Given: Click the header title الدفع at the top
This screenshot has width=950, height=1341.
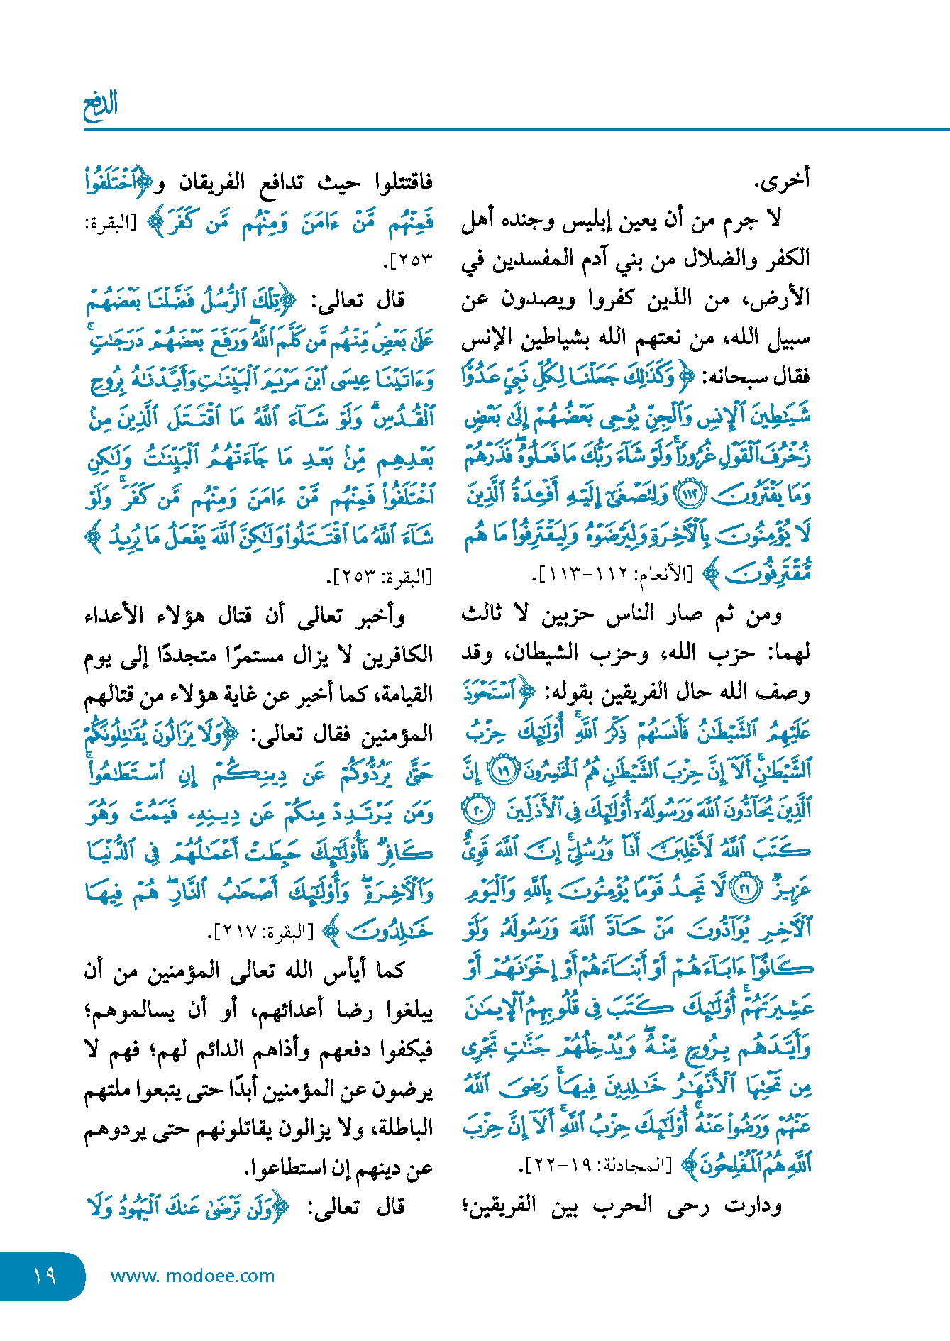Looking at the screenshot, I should coord(100,106).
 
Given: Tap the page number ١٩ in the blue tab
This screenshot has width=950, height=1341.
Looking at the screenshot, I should coord(44,1275).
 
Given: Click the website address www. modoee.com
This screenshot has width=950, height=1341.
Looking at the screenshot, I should coord(192,1276).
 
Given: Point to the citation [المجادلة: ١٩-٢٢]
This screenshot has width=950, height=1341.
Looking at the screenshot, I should coord(596,1164).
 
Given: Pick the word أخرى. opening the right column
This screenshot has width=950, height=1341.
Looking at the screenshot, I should coord(781,180).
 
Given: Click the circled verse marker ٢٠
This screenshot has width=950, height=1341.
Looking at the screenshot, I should coord(479,810).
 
